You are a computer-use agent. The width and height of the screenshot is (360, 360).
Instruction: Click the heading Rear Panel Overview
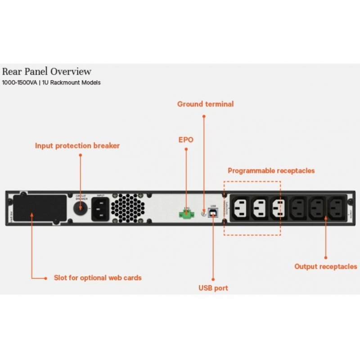point(47,72)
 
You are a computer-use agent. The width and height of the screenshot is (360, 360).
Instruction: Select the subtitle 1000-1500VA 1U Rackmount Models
point(51,83)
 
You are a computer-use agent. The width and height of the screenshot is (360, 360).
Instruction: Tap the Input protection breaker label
point(77,146)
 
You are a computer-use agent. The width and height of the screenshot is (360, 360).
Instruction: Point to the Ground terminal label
point(205,104)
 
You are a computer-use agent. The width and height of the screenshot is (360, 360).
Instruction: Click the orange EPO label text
point(186,139)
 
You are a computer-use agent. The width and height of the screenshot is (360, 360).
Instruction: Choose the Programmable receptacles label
point(271,171)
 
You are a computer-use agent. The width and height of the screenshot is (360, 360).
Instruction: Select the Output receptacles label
point(325,266)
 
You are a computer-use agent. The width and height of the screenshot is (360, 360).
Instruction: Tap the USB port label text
point(213,288)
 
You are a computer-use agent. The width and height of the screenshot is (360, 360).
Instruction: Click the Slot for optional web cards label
point(97,278)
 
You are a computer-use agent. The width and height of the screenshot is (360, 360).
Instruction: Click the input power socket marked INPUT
point(101,209)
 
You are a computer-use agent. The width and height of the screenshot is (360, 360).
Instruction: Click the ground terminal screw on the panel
point(203,215)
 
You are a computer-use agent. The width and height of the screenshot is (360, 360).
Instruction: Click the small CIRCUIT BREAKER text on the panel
point(81,197)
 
